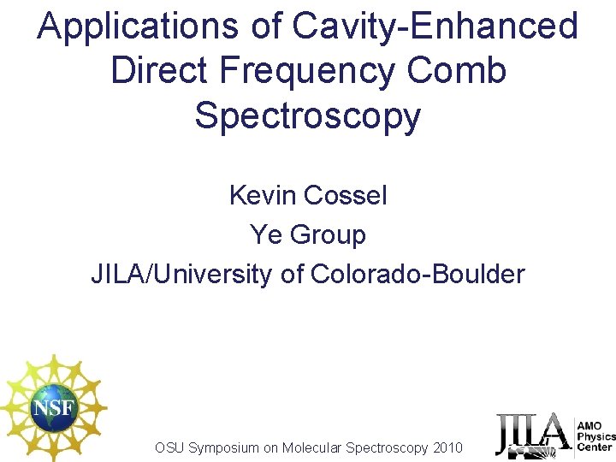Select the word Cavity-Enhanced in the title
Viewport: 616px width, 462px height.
click(x=435, y=27)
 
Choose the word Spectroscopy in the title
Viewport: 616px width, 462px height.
click(x=308, y=116)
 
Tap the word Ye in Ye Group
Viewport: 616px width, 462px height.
click(x=264, y=234)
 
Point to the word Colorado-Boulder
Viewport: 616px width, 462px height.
click(x=418, y=274)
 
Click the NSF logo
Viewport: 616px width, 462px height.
click(x=54, y=406)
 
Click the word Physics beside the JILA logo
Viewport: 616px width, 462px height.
click(x=596, y=436)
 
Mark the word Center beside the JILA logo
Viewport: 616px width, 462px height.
click(x=595, y=447)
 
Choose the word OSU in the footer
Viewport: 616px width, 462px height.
click(x=169, y=447)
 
